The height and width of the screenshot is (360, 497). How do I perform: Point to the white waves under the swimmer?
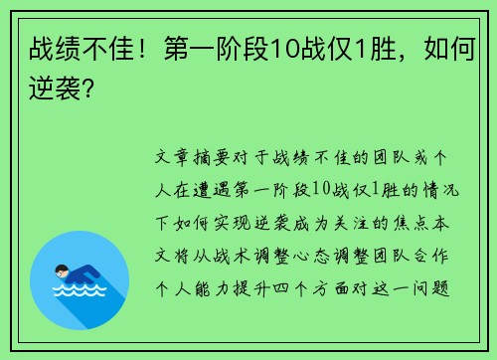[81, 289]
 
